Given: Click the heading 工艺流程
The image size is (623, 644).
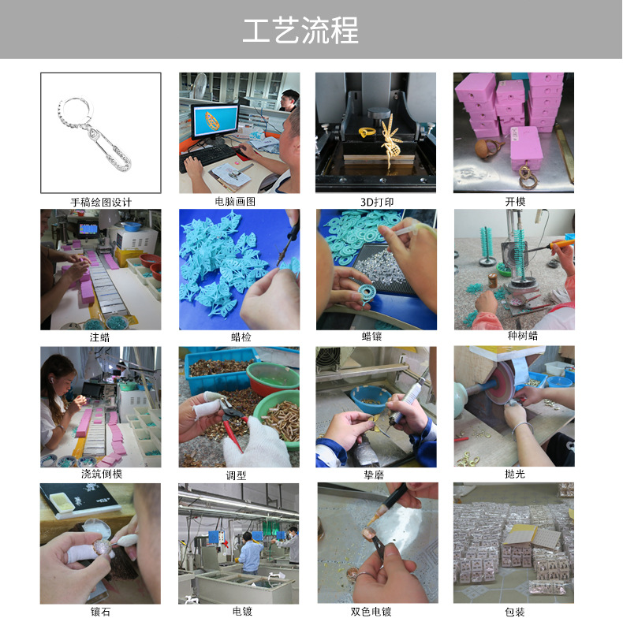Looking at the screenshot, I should click(300, 31).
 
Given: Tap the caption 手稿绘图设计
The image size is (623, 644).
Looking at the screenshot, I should click(101, 202).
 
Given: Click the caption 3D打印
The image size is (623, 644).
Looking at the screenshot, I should click(376, 202).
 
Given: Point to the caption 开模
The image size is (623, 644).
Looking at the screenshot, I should click(515, 202).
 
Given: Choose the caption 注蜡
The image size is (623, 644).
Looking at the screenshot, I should click(100, 338).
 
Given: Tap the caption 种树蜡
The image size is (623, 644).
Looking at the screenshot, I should click(514, 337).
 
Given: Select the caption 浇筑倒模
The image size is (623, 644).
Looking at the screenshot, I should click(101, 475).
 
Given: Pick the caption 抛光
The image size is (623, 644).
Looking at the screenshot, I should click(515, 475).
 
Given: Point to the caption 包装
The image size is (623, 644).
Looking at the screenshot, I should click(515, 612).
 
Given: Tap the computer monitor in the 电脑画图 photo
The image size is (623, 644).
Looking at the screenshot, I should click(214, 121).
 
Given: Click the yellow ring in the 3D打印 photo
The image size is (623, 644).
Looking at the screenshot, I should click(368, 132).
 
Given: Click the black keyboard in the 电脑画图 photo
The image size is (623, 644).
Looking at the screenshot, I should click(209, 154).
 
